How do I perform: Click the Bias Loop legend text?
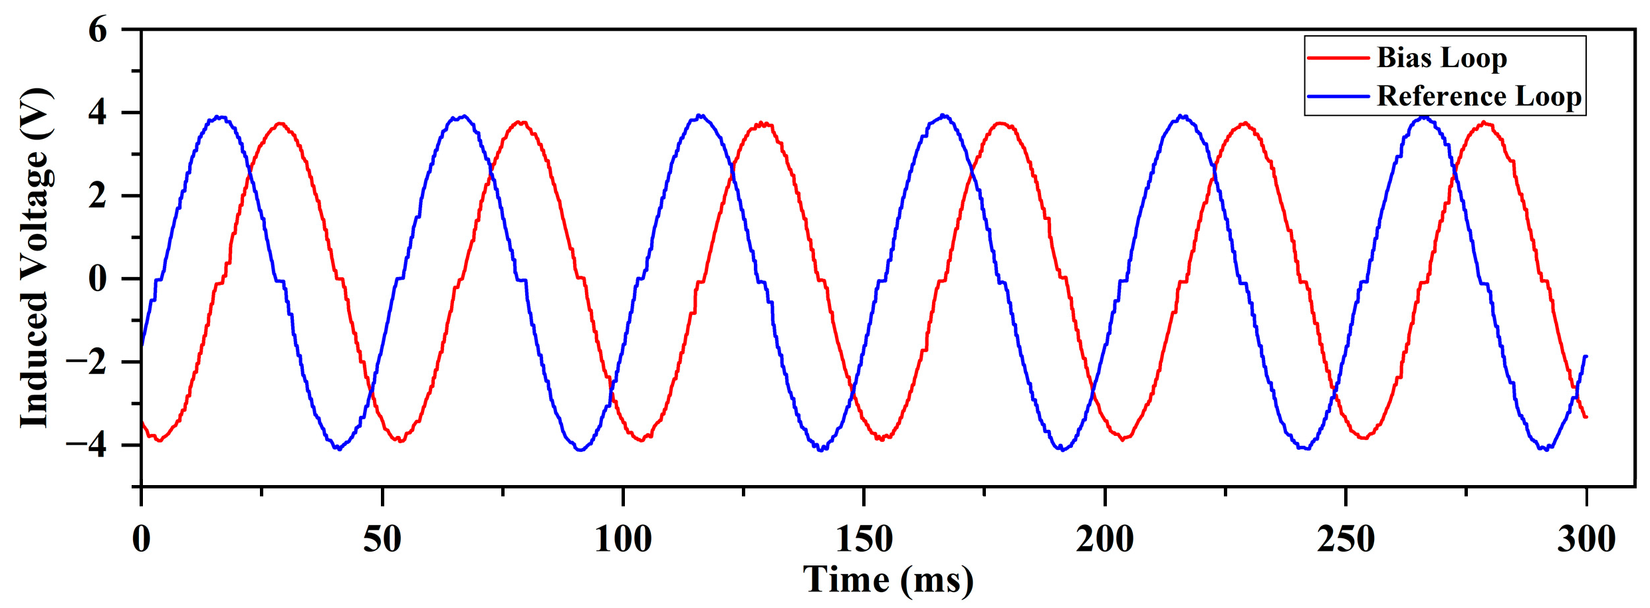(1441, 58)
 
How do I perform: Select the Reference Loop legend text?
(1478, 96)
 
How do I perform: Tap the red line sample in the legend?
(1338, 58)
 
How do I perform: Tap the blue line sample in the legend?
(1338, 96)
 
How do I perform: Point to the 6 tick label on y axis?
(97, 31)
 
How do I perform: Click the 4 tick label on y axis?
(97, 113)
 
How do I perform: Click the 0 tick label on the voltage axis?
(97, 279)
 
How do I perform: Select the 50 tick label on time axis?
(382, 539)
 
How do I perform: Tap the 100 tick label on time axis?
(623, 539)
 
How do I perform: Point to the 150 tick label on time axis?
(864, 539)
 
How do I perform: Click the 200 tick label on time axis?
(1105, 539)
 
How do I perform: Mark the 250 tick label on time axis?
(1346, 539)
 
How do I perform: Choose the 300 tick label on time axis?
(1586, 539)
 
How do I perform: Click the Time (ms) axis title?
(888, 579)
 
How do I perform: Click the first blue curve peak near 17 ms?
(220, 118)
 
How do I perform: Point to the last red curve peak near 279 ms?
(1484, 123)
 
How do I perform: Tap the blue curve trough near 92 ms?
(581, 450)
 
